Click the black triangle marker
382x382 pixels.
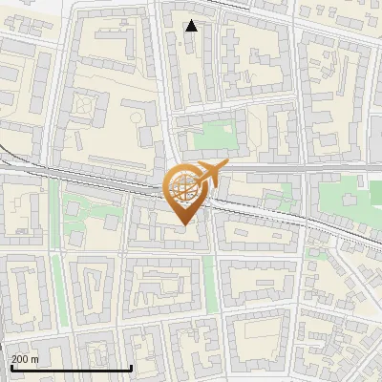[x=192, y=26]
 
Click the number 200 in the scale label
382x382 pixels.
[x=19, y=359]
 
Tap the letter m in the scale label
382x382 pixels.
[x=35, y=359]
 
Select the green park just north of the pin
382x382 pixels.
[x=212, y=139]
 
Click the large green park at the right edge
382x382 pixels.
[x=350, y=201]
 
